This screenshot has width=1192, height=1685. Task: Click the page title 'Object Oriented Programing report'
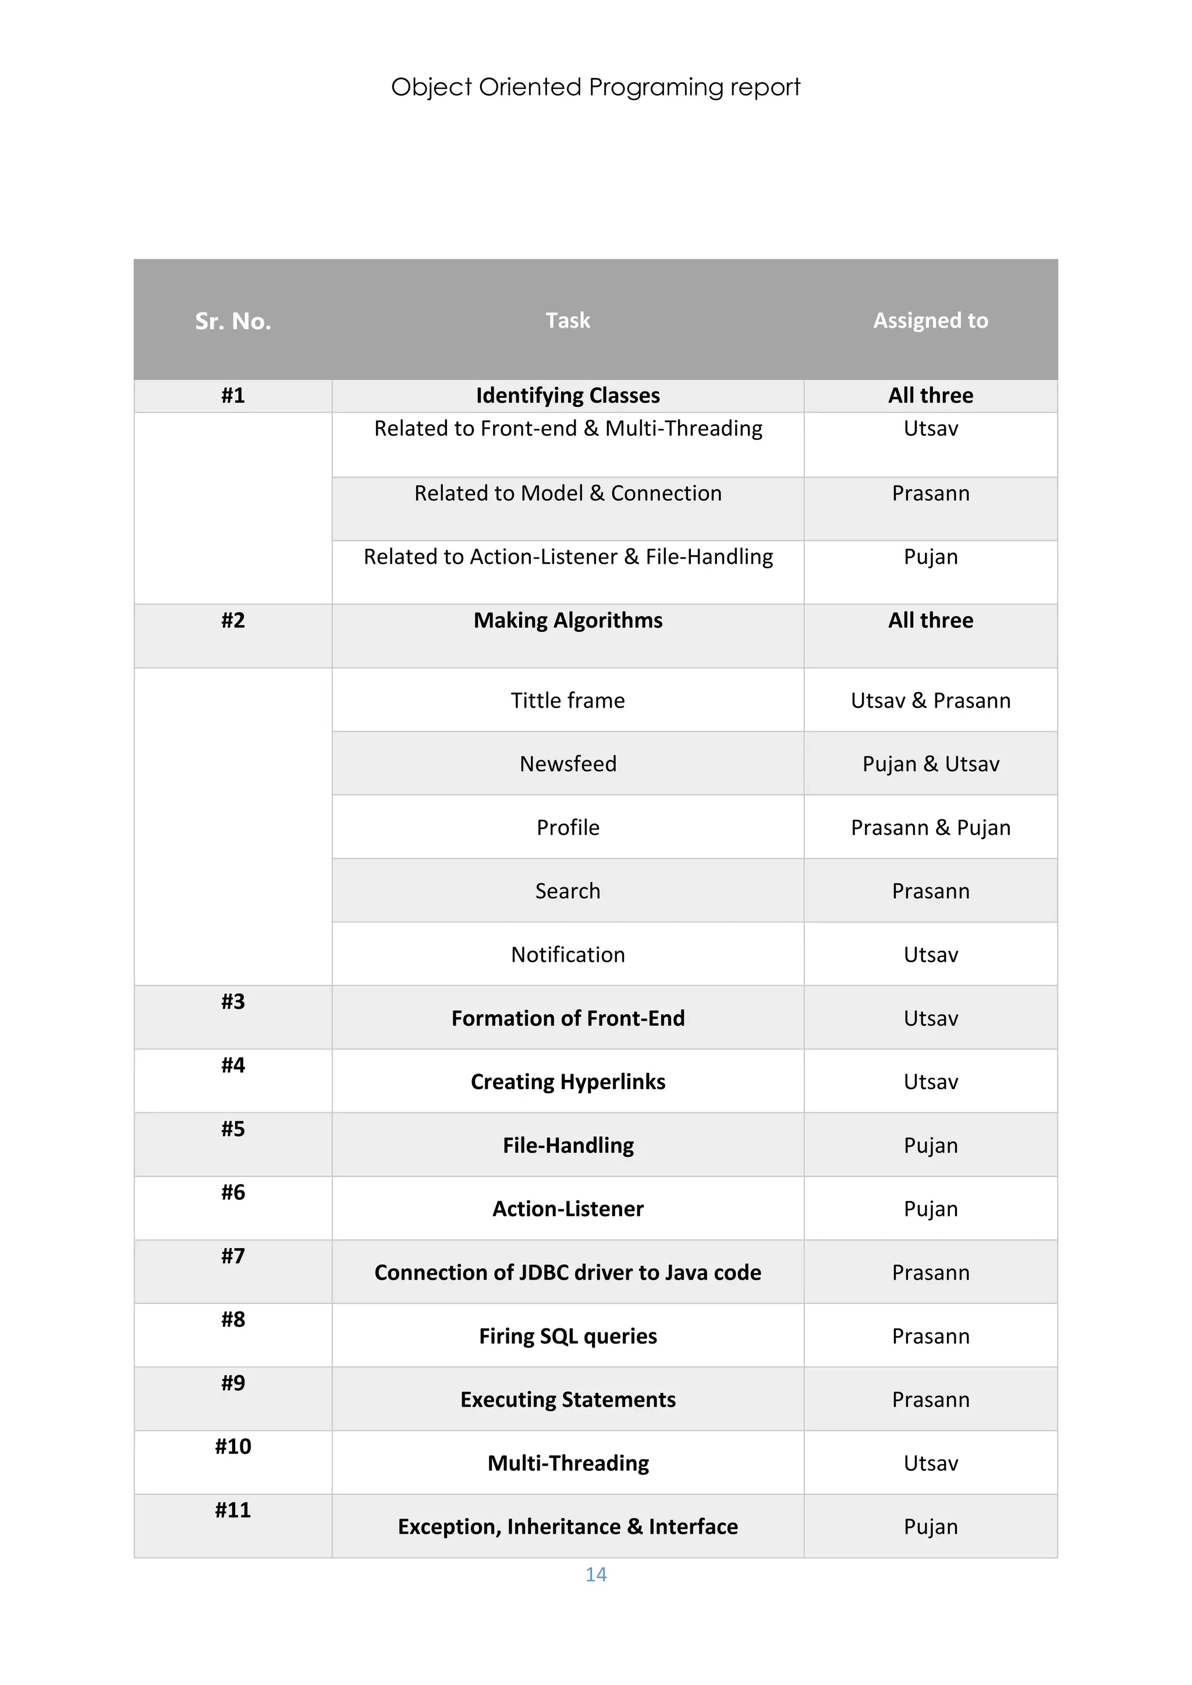595,87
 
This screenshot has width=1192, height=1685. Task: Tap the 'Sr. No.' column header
233,321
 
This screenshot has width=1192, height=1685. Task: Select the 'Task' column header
567,320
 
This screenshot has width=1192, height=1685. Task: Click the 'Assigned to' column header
930,320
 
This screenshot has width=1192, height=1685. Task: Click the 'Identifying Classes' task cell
567,396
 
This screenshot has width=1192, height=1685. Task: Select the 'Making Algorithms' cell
567,620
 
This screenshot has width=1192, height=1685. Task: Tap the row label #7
233,1256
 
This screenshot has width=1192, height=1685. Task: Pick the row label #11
233,1510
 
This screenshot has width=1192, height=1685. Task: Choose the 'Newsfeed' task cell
567,764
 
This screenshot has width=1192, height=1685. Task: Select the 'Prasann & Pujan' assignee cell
930,827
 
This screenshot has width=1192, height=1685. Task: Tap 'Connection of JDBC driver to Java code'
567,1272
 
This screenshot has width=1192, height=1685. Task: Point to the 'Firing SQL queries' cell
567,1336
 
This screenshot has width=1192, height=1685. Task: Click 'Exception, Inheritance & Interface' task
567,1527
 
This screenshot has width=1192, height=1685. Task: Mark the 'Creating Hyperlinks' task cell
567,1082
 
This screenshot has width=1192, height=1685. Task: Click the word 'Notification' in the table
567,954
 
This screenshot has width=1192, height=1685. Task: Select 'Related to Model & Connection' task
567,493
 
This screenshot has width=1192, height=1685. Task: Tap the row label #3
233,1002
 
